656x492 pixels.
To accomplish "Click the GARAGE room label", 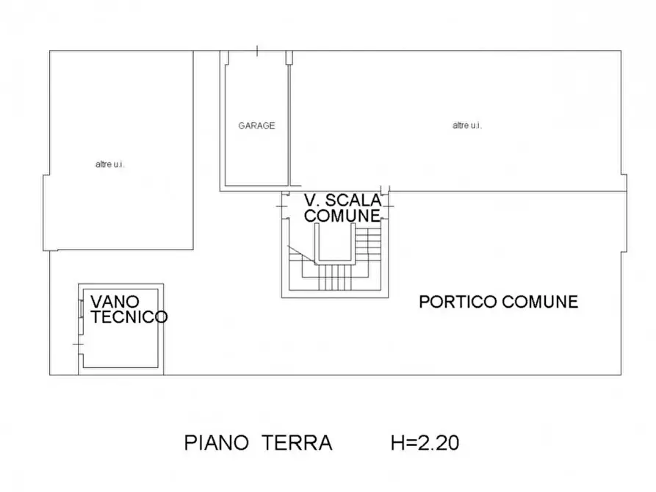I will tap(256, 126).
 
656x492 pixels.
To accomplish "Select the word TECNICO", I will tap(129, 317).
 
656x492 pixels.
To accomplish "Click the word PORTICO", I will tap(455, 302).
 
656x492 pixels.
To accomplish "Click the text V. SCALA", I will tap(342, 200).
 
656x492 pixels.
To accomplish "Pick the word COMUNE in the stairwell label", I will tap(342, 216).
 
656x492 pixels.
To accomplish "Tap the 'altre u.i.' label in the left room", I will tap(109, 164).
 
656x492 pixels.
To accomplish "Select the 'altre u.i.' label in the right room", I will tap(466, 126).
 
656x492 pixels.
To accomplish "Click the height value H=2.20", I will tap(425, 444).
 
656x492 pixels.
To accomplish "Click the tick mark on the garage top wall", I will tap(257, 51).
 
